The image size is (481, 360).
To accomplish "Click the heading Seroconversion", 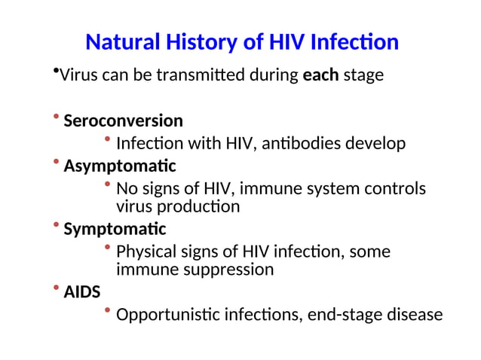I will [x=123, y=121].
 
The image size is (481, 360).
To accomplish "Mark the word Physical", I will [x=146, y=252].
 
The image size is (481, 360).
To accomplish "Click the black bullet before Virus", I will [x=56, y=71].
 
